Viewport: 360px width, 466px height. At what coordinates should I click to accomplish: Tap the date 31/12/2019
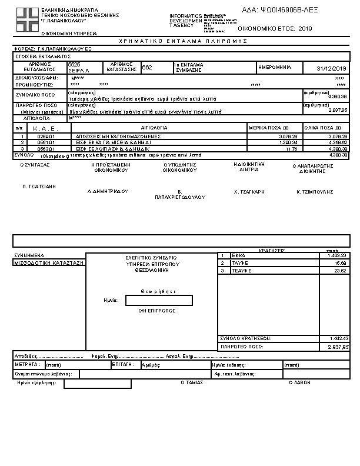(332, 69)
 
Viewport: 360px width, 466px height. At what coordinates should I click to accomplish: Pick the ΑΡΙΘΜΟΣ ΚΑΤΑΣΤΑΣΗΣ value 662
(147, 68)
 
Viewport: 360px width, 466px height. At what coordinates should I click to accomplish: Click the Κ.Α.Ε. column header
(43, 128)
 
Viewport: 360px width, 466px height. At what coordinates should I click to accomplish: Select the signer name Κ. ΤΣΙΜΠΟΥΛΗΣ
(315, 192)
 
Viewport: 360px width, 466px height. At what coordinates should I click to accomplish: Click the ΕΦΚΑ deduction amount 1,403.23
(337, 255)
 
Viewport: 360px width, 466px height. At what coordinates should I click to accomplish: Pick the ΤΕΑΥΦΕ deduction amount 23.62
(340, 271)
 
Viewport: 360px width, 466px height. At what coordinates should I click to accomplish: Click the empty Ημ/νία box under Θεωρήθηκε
(159, 300)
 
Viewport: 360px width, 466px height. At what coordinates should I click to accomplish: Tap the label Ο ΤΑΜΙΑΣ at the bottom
(192, 382)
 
